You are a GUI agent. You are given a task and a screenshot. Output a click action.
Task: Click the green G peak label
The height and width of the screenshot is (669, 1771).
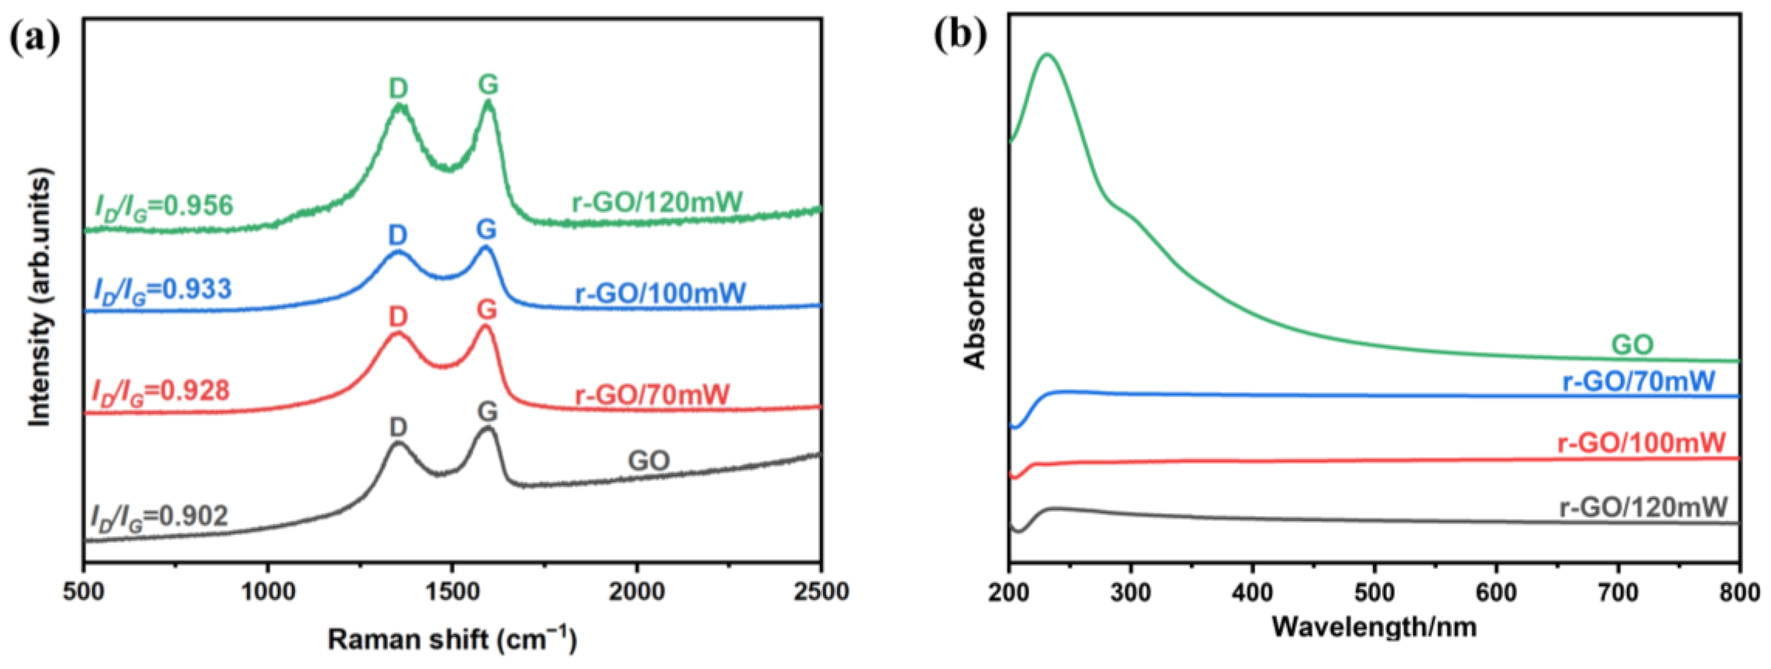coord(488,85)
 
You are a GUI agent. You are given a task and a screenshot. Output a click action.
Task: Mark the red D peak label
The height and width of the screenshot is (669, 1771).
coord(398,317)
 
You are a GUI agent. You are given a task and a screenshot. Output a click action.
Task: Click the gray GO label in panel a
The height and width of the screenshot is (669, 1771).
coord(648,461)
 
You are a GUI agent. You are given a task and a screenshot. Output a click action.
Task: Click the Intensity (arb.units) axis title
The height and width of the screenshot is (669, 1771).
coord(40,301)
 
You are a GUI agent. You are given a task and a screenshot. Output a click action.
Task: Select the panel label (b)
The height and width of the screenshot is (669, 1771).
coord(960,35)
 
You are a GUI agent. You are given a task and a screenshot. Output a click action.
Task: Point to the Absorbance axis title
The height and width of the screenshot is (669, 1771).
coord(974,288)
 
